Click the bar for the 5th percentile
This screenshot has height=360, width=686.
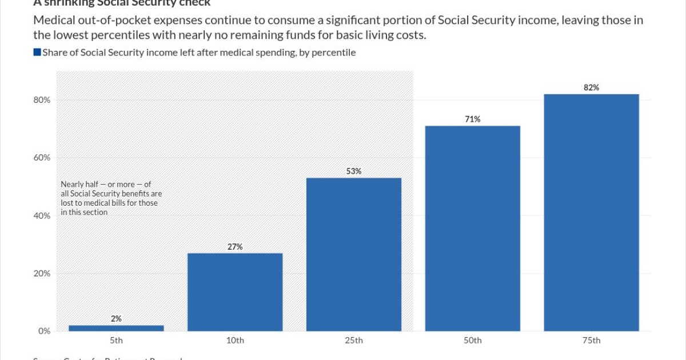coord(116,328)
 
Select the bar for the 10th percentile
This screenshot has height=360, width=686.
coord(235,292)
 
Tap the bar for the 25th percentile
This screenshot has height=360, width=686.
coord(354,254)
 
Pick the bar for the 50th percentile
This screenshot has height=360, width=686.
coord(473,229)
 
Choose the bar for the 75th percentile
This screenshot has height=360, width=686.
coord(591,213)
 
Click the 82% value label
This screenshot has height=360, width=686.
coord(591,87)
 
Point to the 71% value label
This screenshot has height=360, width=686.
coord(473,119)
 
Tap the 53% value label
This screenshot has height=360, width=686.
coord(354,171)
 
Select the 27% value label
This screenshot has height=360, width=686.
coord(235,246)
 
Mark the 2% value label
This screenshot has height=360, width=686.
coord(116,318)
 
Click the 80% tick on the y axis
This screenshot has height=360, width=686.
coord(42,100)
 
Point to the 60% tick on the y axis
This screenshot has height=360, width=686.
coord(42,158)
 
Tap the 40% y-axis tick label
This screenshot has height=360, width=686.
coord(42,215)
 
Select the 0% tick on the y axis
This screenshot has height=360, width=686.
coord(45,331)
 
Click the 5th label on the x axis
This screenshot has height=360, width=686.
coord(116,341)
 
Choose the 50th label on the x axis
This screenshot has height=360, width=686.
coord(473,341)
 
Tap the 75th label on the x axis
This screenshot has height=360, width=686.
coord(591,341)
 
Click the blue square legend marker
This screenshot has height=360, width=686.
coord(37,53)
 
